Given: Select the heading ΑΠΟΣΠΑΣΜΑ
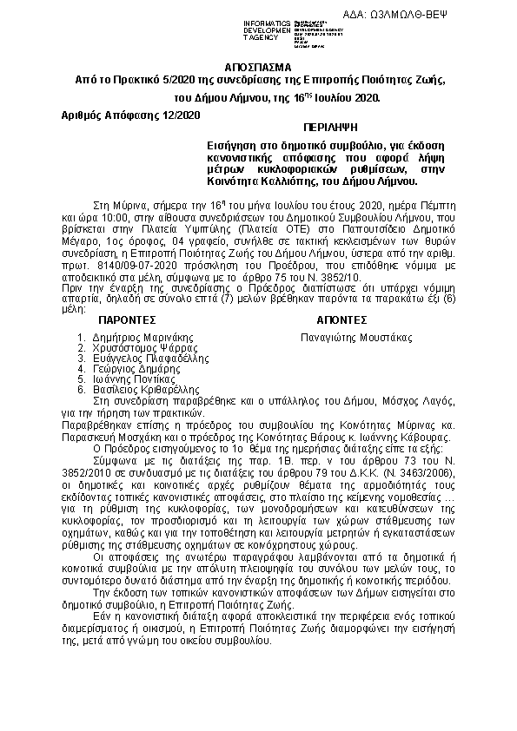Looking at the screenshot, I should click(258, 67).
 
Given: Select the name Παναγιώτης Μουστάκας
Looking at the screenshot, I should click(355, 336).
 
